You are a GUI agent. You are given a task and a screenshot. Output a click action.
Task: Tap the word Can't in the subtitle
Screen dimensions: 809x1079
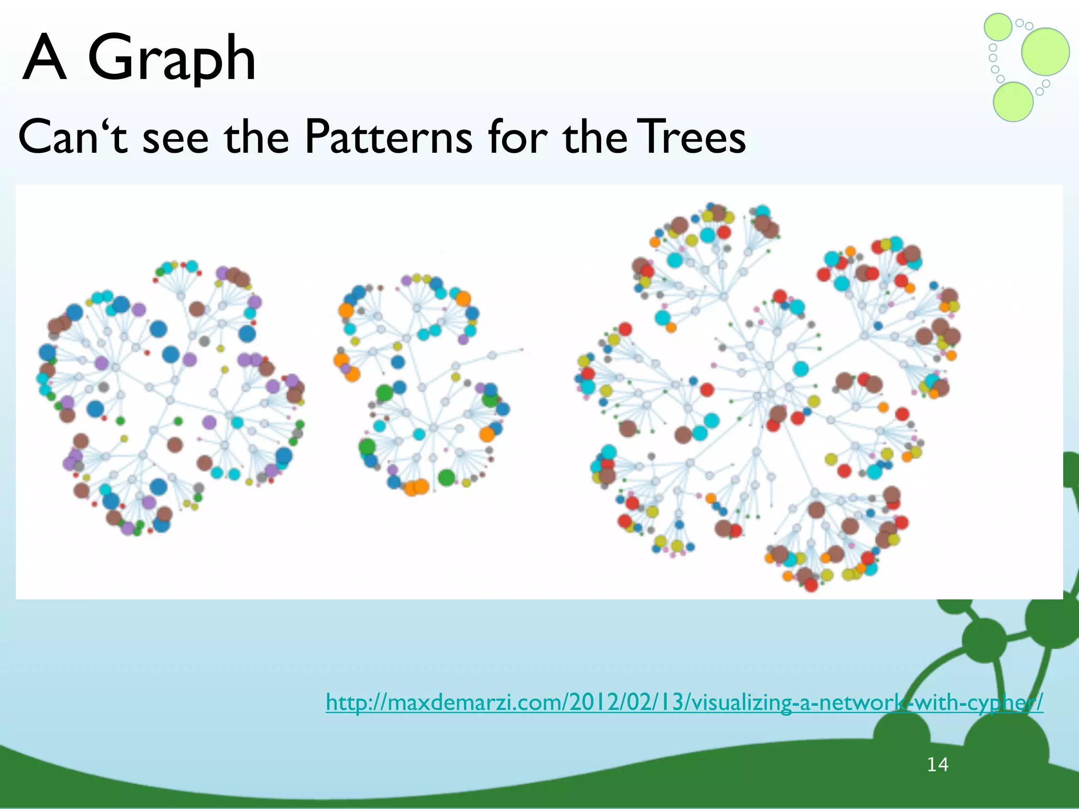(x=73, y=138)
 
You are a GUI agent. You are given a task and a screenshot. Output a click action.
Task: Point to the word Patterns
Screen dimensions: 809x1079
(x=388, y=138)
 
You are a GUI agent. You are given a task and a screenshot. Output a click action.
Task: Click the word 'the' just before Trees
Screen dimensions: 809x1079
(x=595, y=138)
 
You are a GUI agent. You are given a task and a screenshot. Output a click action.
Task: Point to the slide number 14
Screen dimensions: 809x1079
(x=937, y=764)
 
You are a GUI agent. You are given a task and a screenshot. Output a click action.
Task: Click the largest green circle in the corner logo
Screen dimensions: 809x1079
(x=1045, y=52)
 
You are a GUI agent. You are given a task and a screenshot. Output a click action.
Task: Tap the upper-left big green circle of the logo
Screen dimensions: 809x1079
(x=998, y=27)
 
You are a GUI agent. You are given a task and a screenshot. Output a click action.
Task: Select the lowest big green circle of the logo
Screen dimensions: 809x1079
(x=1013, y=102)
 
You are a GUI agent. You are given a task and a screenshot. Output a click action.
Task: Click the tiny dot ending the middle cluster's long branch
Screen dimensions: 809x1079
(x=522, y=349)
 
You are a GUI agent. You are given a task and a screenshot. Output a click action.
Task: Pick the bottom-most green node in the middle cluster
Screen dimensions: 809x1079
(x=446, y=477)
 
